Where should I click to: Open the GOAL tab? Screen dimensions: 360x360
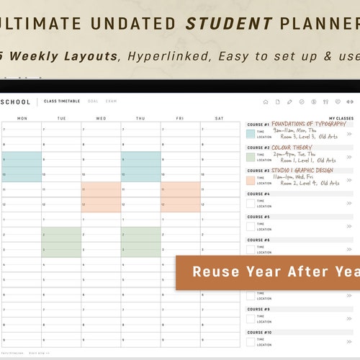[x=93, y=102]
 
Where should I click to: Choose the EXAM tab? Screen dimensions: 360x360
[x=111, y=102]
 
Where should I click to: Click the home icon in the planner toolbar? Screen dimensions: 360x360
[x=265, y=102]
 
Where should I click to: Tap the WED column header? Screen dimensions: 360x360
[x=101, y=119]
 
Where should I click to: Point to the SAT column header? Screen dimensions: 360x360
[x=220, y=119]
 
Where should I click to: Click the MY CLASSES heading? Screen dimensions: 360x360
[x=341, y=118]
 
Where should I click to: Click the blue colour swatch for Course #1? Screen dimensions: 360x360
[x=251, y=133]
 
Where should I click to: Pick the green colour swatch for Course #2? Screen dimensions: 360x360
[x=251, y=156]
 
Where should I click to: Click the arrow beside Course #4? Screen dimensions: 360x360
[x=349, y=203]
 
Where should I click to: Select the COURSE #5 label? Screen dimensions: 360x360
[x=259, y=217]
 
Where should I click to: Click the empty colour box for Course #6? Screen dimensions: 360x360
[x=251, y=249]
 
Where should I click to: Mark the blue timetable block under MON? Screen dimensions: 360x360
[x=21, y=166]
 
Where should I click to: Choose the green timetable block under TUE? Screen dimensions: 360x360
[x=61, y=242]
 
